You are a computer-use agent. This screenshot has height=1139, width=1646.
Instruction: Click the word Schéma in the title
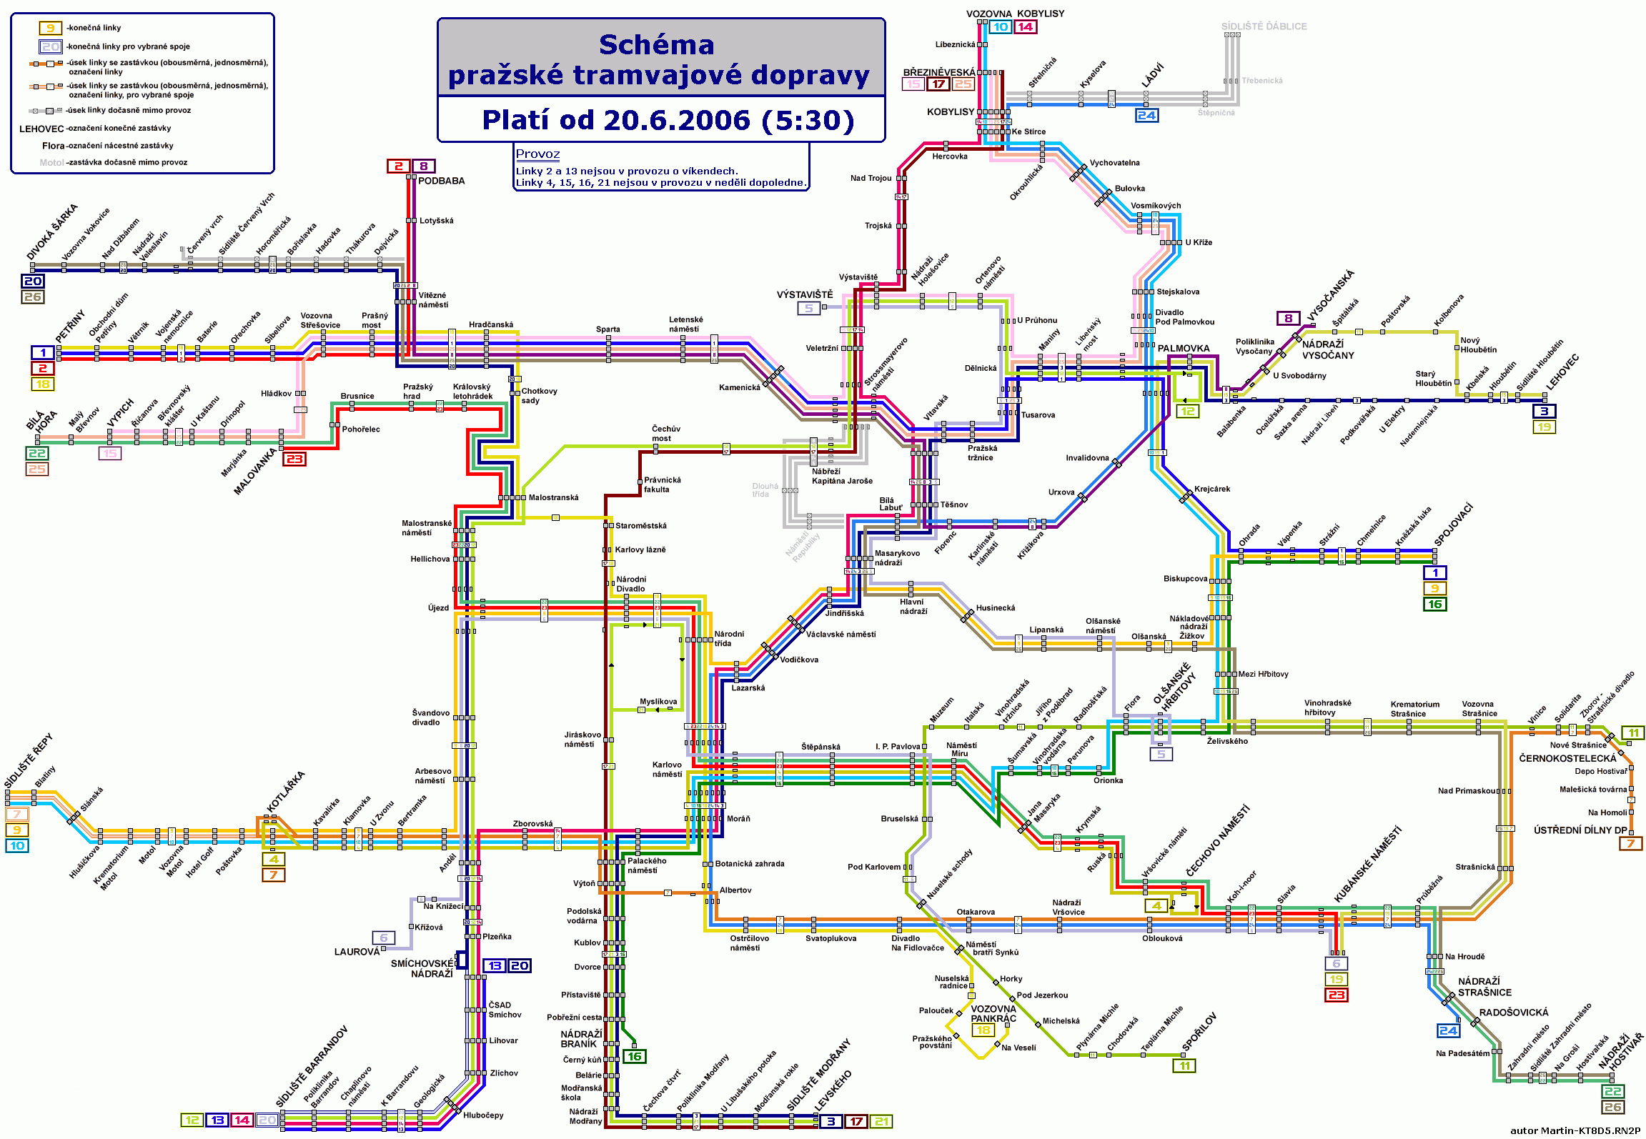point(656,45)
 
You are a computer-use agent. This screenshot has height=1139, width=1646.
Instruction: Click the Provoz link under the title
point(537,154)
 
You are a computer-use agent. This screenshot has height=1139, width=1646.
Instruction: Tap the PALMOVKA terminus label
point(1184,349)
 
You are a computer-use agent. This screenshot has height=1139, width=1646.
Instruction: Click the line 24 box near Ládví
point(1146,115)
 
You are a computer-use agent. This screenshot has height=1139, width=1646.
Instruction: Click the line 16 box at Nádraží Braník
point(634,1056)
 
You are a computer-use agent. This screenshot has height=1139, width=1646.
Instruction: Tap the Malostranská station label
point(553,497)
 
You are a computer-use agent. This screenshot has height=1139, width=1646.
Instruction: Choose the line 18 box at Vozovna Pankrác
point(983,1030)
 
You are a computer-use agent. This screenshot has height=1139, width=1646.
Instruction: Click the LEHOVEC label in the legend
point(41,129)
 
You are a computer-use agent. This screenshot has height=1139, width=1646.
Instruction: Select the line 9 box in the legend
point(50,28)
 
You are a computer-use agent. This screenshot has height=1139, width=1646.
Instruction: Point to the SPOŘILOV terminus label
point(1199,1032)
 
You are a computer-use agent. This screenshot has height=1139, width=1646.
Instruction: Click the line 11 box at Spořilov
point(1184,1066)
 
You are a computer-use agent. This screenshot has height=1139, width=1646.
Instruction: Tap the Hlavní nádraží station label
point(913,607)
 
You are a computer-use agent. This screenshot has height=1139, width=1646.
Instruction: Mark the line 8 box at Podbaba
point(423,166)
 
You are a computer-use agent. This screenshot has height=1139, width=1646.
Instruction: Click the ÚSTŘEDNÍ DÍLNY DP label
point(1580,830)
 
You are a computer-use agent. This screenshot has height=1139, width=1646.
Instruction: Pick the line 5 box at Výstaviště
point(808,309)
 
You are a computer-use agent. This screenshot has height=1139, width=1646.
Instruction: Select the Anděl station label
point(447,863)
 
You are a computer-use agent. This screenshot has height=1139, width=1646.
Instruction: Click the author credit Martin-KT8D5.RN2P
point(1575,1130)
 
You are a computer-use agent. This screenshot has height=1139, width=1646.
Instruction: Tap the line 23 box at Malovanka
point(294,459)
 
